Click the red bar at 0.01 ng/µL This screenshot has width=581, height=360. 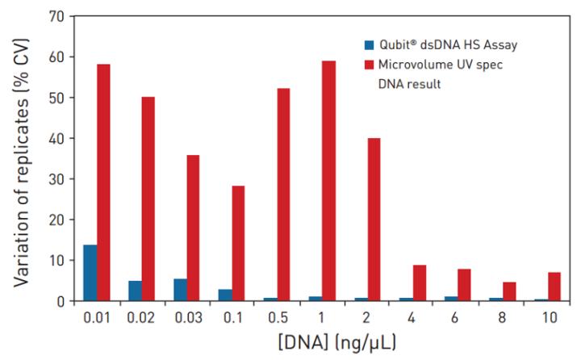pyautogui.click(x=103, y=182)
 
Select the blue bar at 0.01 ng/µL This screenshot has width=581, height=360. pyautogui.click(x=90, y=273)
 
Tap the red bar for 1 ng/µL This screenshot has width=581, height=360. pyautogui.click(x=328, y=181)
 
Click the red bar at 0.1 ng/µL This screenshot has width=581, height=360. pyautogui.click(x=238, y=243)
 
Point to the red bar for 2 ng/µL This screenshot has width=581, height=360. pyautogui.click(x=374, y=219)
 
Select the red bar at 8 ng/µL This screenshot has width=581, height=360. pyautogui.click(x=508, y=291)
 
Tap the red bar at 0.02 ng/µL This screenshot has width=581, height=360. pyautogui.click(x=148, y=199)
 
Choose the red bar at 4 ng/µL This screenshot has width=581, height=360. pyautogui.click(x=419, y=283)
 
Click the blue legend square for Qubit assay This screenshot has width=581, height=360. pyautogui.click(x=369, y=44)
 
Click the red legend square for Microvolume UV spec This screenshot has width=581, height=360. pyautogui.click(x=369, y=65)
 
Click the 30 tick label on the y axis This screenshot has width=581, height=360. pyautogui.click(x=57, y=178)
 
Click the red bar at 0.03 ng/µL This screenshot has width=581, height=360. pyautogui.click(x=193, y=228)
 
